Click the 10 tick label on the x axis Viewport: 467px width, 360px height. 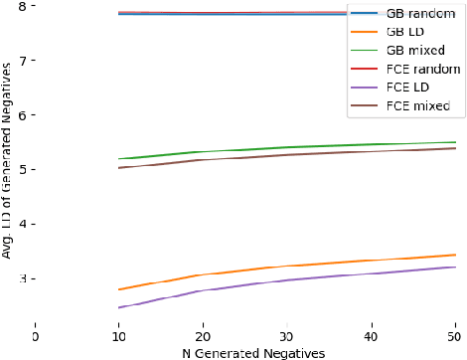[118, 337]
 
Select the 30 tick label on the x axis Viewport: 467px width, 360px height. [287, 337]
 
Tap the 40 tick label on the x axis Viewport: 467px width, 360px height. [371, 337]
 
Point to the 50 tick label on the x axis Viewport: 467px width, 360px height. [455, 337]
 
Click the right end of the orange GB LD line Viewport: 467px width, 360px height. [455, 255]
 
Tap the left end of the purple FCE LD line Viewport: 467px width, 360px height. [118, 307]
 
